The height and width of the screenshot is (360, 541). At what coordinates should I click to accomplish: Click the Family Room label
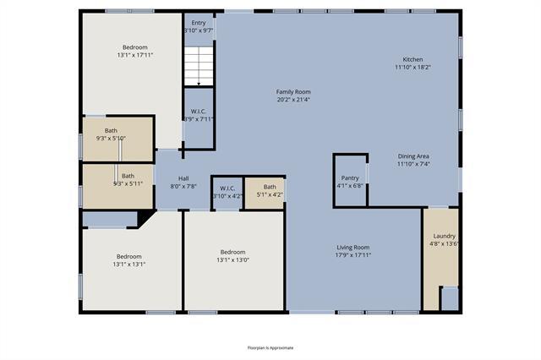point(293,91)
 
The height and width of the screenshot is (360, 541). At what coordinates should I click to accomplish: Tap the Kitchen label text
point(412,60)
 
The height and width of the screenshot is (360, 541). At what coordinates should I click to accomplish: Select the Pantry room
point(350,179)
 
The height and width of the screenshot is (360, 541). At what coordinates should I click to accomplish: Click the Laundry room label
point(445,236)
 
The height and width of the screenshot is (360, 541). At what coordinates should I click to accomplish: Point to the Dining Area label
point(413,156)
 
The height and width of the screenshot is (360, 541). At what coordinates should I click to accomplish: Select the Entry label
point(199,23)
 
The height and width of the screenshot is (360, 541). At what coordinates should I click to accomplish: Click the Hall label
point(183,178)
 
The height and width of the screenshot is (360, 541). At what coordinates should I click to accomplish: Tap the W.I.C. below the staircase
point(199,115)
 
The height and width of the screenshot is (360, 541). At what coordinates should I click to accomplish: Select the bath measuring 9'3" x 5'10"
point(111,138)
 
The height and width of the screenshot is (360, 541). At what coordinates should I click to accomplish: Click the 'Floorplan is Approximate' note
point(270,347)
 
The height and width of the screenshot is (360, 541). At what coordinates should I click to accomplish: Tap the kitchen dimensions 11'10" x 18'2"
point(412,67)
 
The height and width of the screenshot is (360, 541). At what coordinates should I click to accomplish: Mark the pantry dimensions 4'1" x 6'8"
point(350,186)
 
